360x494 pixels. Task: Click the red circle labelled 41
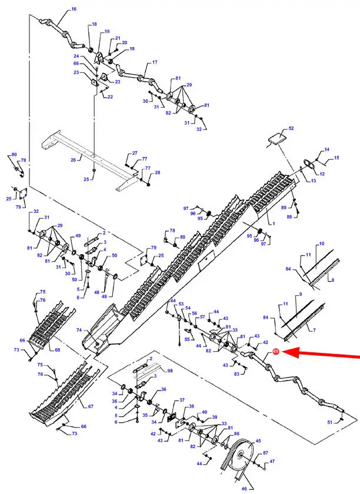click(276, 351)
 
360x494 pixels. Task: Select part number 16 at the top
click(74, 9)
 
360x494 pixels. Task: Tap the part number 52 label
click(291, 128)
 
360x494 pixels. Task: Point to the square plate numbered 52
click(276, 138)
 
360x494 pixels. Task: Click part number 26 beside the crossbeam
click(73, 160)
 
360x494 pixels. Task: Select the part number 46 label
click(244, 489)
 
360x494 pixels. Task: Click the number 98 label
click(169, 370)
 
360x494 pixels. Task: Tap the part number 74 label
click(79, 330)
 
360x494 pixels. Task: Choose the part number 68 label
click(58, 349)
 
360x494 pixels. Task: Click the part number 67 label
click(91, 406)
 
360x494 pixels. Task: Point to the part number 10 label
click(322, 243)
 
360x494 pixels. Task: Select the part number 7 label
click(314, 330)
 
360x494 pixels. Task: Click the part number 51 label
click(330, 422)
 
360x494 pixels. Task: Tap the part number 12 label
click(322, 173)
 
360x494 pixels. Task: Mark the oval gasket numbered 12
click(310, 165)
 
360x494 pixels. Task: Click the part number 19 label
click(107, 31)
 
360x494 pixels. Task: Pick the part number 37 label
click(182, 400)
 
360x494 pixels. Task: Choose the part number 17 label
click(155, 62)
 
